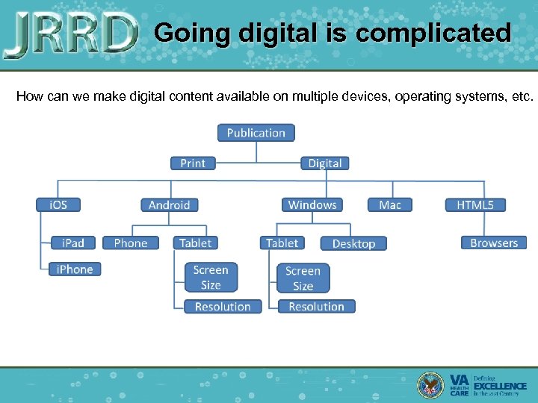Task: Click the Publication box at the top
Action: pos(256,133)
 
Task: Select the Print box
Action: pos(193,163)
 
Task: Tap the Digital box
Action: pos(325,163)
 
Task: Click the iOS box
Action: pos(58,204)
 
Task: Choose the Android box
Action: pos(169,204)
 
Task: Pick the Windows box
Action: pos(312,204)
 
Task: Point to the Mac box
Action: pos(389,204)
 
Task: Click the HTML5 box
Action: pos(475,204)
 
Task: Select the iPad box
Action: pos(73,243)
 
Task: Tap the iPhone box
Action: pos(75,269)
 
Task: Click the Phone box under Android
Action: pos(131,243)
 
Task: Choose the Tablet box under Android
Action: pos(195,243)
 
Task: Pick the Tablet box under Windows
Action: pos(282,243)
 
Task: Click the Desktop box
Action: pos(353,243)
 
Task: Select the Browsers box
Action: pos(494,243)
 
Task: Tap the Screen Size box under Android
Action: pos(211,277)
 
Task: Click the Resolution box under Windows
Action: pos(316,307)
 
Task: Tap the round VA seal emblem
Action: pos(431,384)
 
